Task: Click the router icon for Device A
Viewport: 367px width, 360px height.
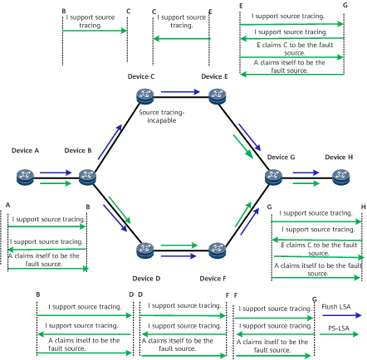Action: [25, 178]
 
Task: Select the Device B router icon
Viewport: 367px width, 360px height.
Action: [87, 178]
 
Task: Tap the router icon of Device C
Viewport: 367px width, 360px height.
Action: [145, 96]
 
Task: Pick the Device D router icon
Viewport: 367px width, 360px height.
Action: [145, 251]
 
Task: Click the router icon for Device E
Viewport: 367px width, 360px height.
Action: [217, 96]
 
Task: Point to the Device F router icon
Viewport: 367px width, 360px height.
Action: [217, 251]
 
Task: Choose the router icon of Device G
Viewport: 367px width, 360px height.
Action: [273, 178]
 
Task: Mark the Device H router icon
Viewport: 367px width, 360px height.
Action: [341, 178]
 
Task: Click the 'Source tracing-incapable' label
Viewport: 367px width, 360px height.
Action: [162, 116]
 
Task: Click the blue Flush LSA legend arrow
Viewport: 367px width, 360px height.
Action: [342, 315]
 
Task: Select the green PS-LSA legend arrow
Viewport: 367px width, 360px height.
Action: [339, 334]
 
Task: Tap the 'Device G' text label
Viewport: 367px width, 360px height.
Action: [281, 157]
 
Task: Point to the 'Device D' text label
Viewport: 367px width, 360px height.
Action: [146, 279]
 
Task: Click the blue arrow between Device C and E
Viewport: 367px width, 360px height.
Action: [180, 92]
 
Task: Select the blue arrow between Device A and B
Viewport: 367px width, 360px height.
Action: [56, 173]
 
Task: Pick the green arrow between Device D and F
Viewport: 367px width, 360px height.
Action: [179, 246]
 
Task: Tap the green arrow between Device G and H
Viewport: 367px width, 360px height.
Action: [306, 183]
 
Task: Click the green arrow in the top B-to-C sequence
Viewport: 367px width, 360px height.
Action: [95, 31]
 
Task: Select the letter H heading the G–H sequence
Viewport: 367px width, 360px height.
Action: [364, 207]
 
